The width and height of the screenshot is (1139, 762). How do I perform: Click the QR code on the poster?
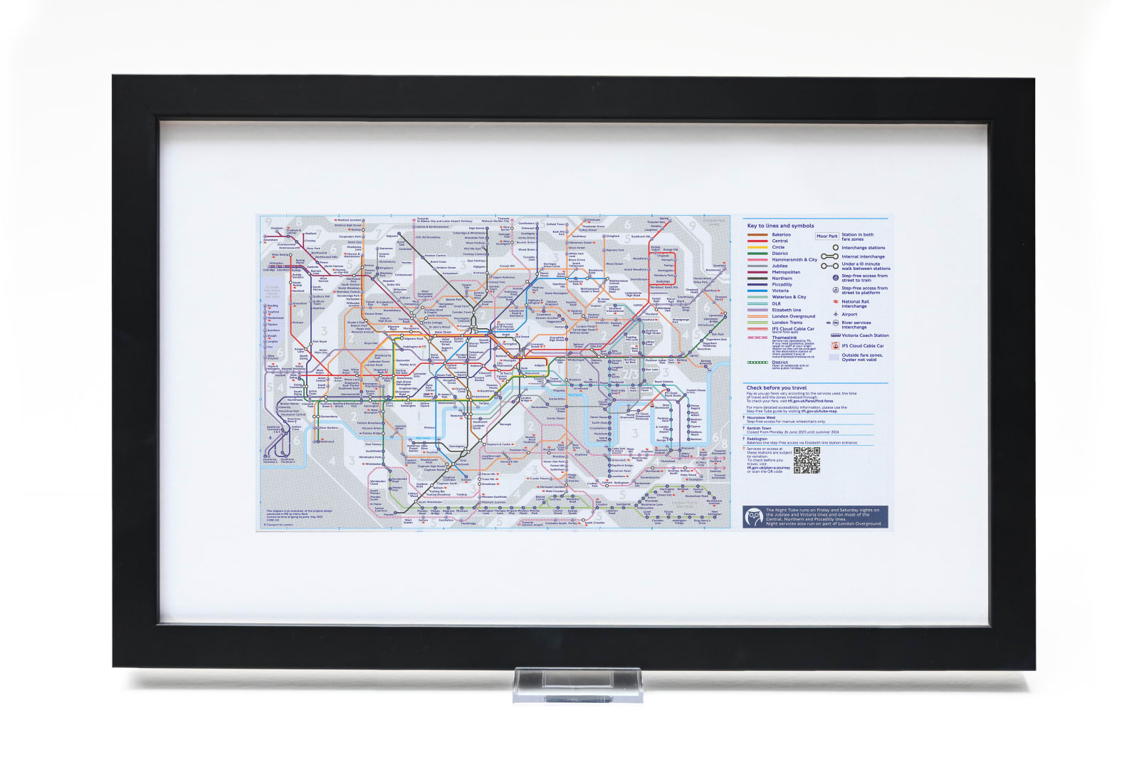[807, 461]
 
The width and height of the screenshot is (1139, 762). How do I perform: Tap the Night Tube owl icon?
[754, 516]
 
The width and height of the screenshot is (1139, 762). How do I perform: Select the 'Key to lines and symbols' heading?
[780, 226]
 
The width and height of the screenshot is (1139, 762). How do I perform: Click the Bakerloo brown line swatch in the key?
[757, 234]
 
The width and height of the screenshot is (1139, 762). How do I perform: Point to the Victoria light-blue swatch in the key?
[757, 291]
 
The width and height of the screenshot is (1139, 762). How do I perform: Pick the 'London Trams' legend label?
[787, 323]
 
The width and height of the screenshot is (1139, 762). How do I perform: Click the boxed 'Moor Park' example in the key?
[826, 236]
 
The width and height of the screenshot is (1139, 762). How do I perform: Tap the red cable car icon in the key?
[835, 345]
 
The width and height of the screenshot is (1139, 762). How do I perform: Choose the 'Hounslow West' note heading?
[761, 417]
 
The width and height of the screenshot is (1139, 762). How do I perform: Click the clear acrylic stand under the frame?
[577, 684]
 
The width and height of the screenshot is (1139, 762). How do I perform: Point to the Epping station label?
[664, 219]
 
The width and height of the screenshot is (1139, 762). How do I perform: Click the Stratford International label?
[614, 310]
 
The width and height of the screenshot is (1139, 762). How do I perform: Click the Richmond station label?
[327, 442]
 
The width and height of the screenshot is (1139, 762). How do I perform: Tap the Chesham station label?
[277, 229]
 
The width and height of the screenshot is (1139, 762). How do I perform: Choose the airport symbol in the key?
[835, 314]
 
